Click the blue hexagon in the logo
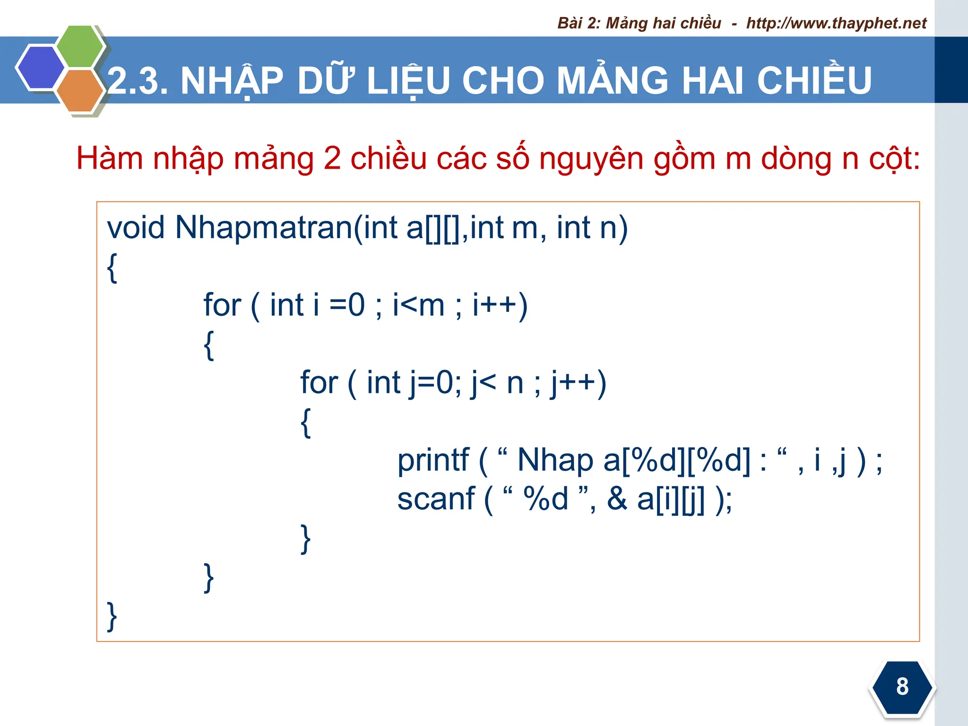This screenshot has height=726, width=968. click(40, 68)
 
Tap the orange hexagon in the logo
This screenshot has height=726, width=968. click(79, 91)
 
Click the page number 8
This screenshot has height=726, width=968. click(902, 686)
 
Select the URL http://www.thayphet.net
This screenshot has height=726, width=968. click(836, 23)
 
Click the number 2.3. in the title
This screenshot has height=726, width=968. click(138, 80)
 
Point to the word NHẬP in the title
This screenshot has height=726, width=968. click(232, 81)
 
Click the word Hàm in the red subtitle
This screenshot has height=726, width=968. click(109, 158)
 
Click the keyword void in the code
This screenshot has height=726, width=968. click(136, 228)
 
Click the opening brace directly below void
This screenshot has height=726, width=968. click(112, 268)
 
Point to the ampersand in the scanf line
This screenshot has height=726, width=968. click(617, 499)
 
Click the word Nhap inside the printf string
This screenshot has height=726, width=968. click(555, 460)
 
